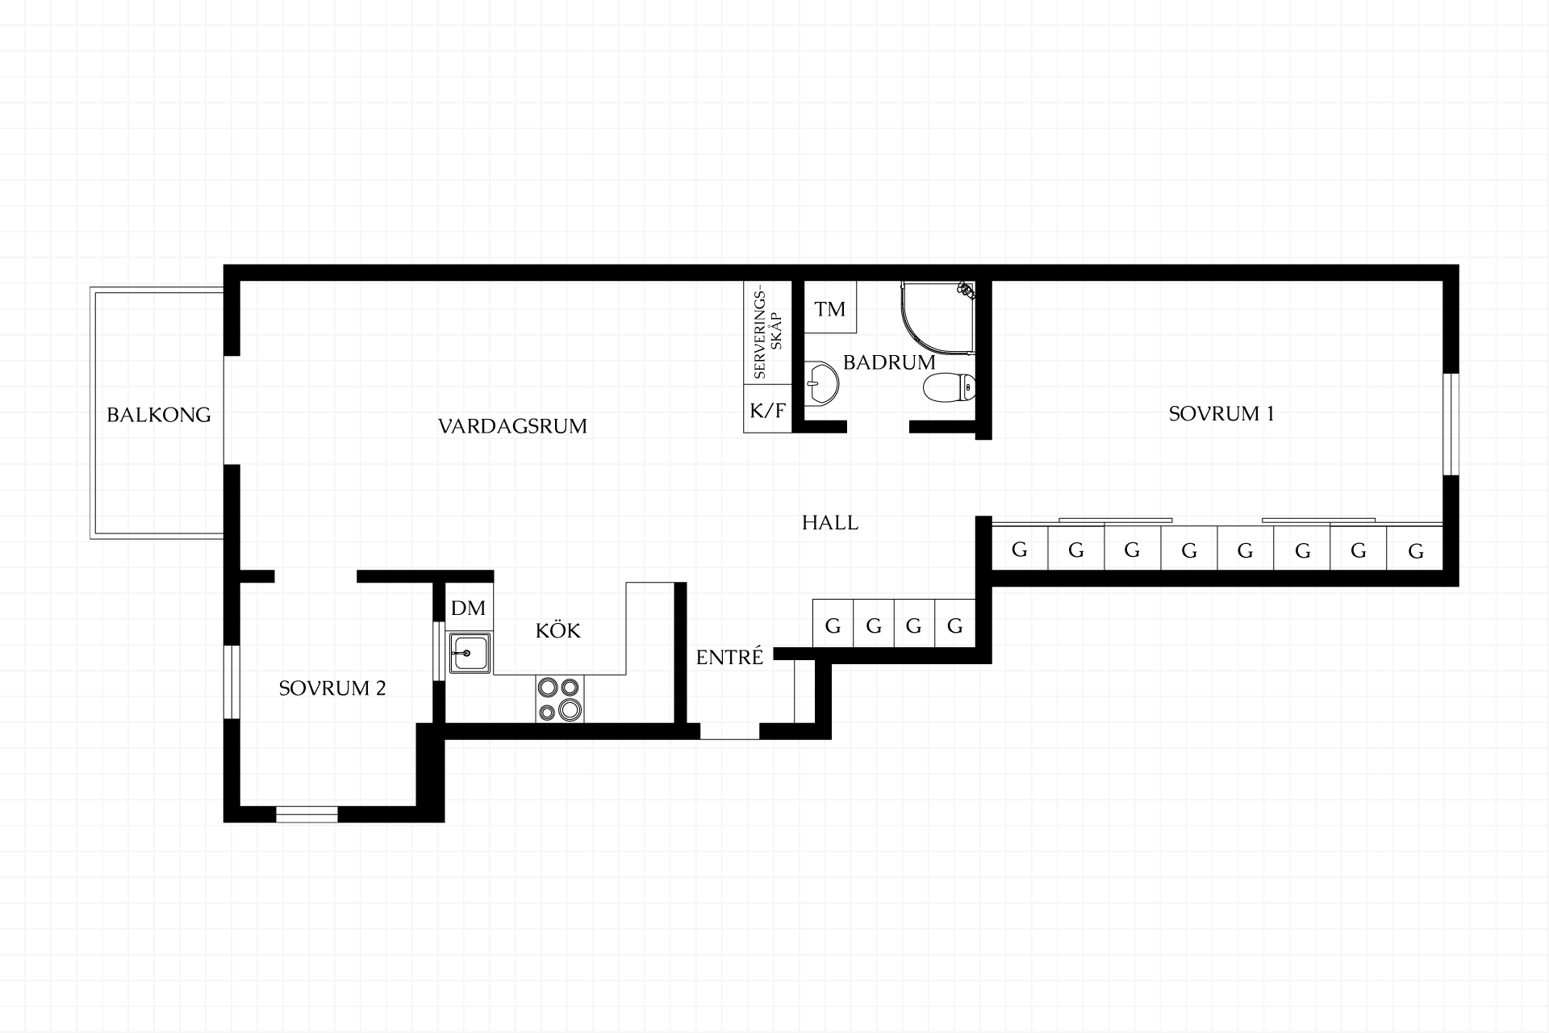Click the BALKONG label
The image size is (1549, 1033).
[159, 415]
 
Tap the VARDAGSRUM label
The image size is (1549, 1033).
[512, 426]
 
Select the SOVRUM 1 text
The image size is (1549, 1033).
[1221, 414]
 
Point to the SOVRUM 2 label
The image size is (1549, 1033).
[332, 688]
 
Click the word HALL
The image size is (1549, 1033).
[830, 523]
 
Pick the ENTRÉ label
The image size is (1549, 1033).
[729, 657]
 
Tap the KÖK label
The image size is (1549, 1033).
[558, 630]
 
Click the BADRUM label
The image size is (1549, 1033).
[889, 362]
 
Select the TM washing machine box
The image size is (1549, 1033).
[830, 307]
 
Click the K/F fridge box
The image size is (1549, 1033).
[767, 409]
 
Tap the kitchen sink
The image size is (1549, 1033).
[470, 654]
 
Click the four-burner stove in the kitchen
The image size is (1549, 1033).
[559, 699]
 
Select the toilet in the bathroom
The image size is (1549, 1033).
[949, 388]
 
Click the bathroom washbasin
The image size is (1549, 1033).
[821, 382]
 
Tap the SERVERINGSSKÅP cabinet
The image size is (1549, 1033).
[767, 332]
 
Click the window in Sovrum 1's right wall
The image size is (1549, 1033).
[1451, 424]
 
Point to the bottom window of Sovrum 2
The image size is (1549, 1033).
[307, 813]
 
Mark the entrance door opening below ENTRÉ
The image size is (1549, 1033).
[729, 731]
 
